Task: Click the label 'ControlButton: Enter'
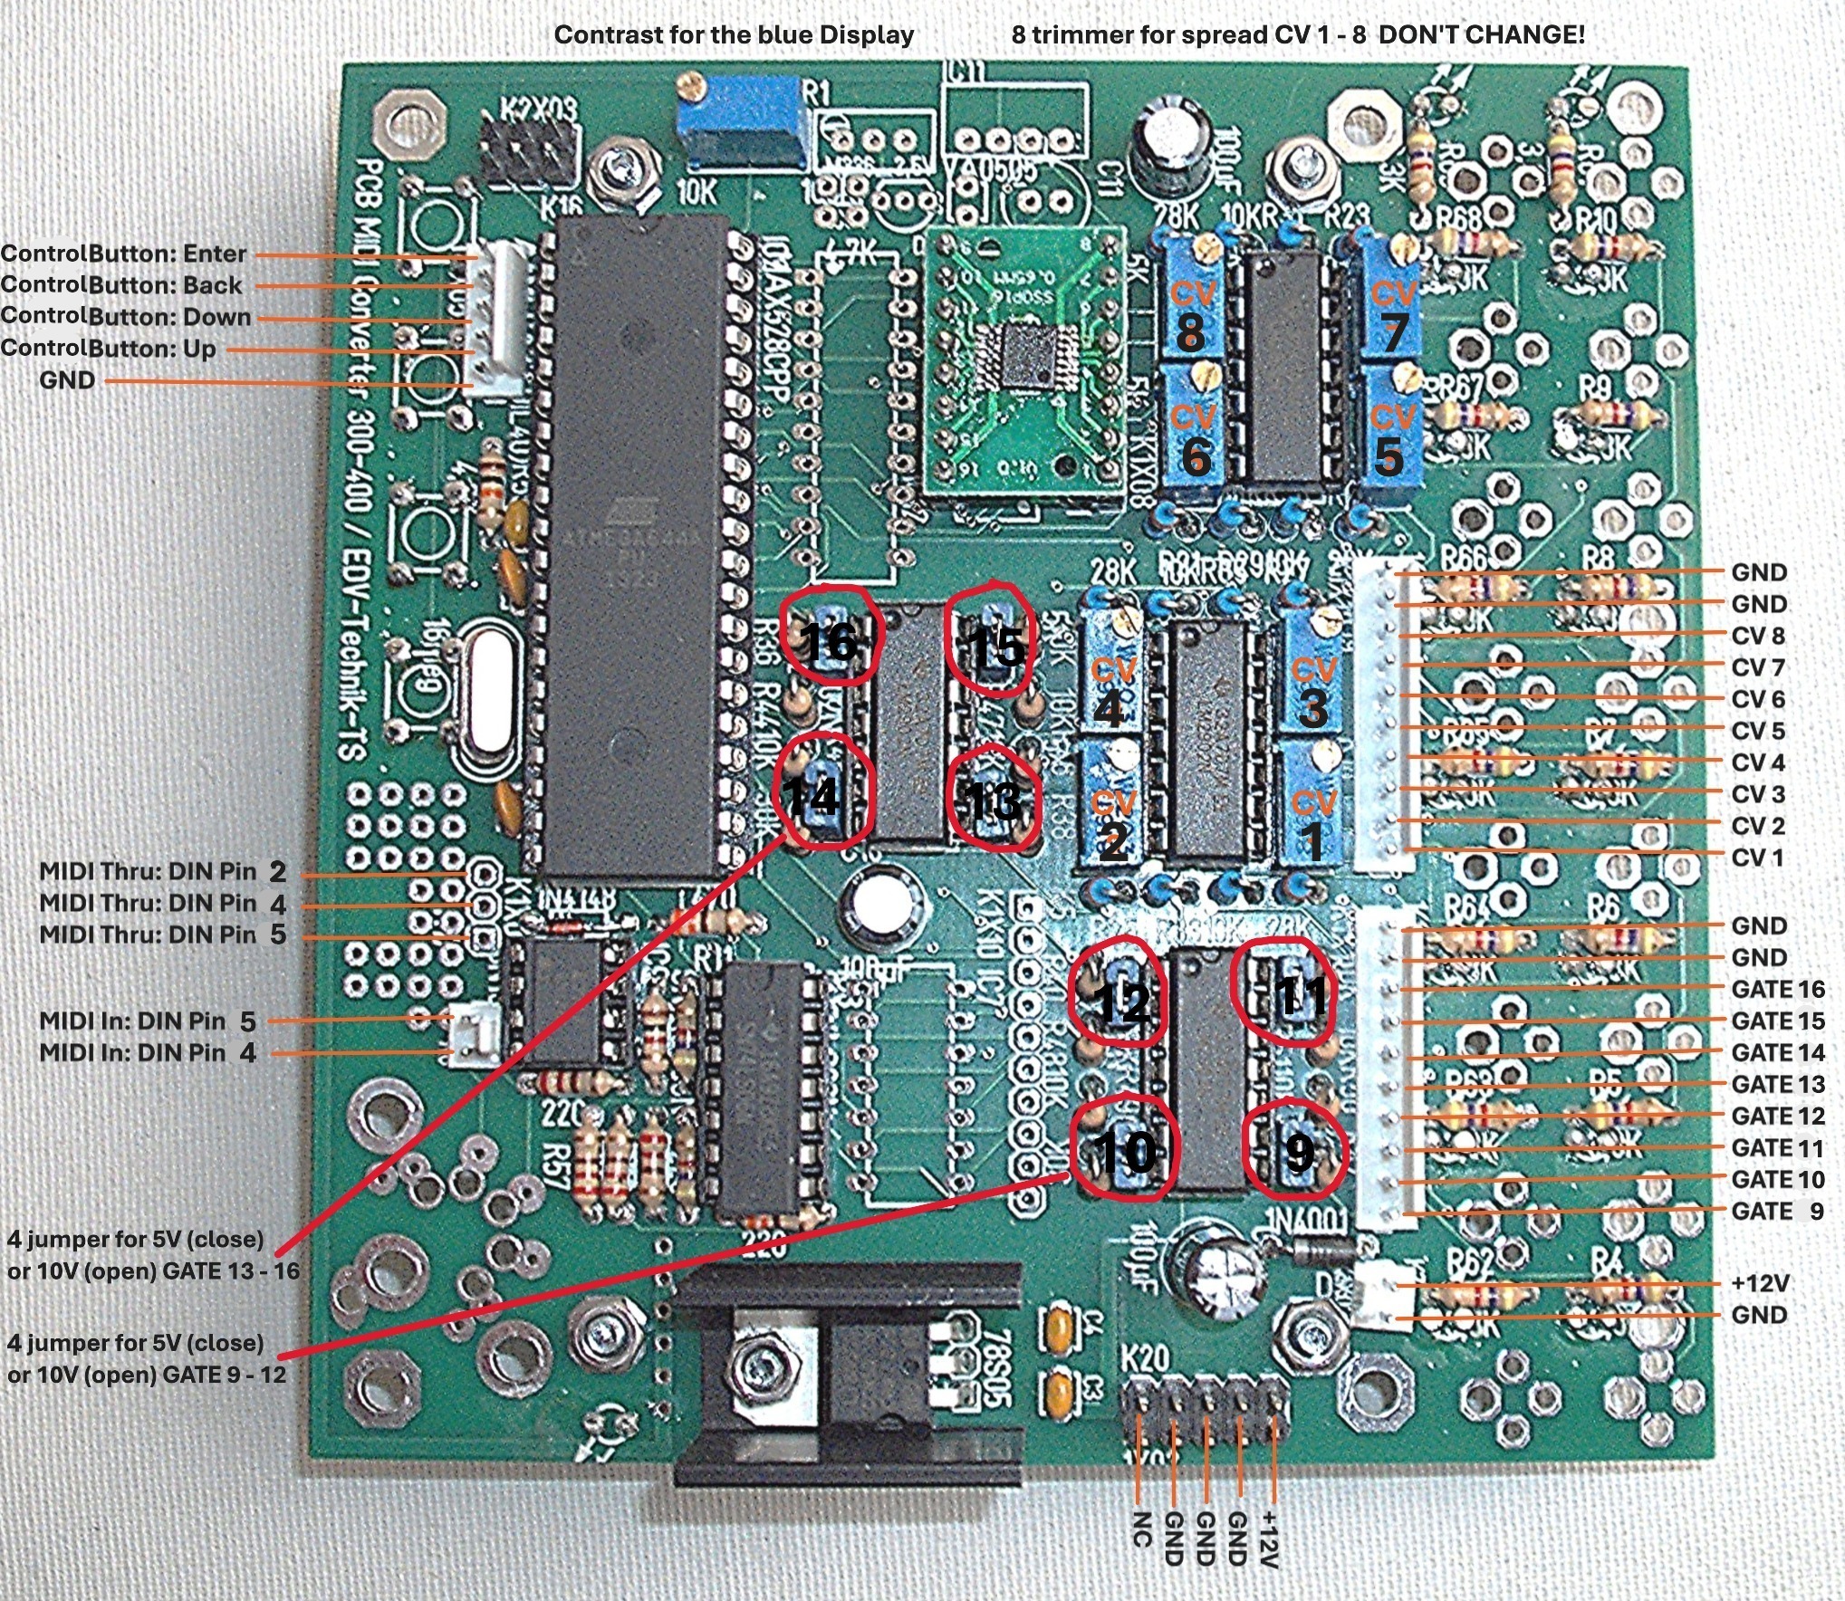pos(123,254)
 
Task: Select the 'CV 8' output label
pos(1758,636)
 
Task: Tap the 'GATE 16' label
pos(1777,989)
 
